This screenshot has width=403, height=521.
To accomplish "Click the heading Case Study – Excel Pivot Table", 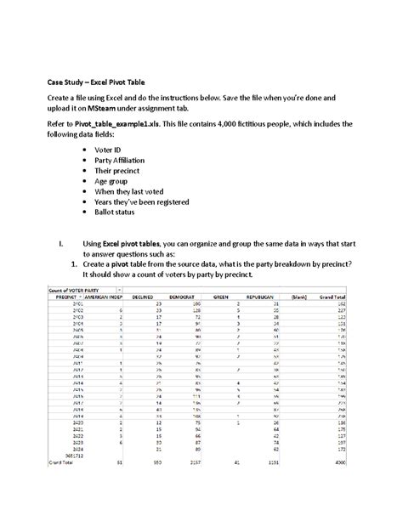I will pos(95,82).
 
